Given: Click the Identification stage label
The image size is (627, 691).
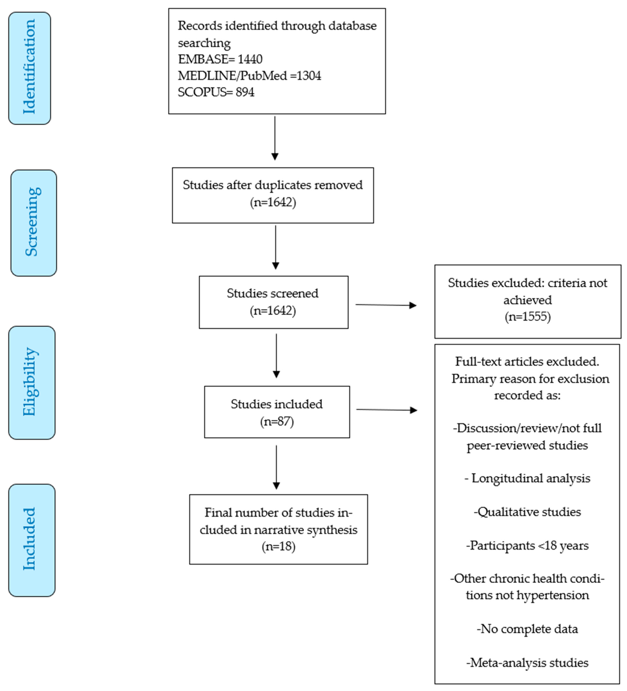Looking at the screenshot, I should (30, 68).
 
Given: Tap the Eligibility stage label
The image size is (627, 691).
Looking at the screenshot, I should (31, 382).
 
